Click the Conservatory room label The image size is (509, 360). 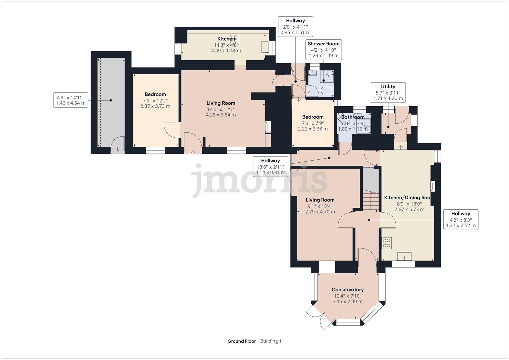347,290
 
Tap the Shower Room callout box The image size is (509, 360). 323,50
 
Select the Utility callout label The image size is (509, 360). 388,92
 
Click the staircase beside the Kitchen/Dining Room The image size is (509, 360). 370,200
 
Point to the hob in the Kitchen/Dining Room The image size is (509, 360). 387,243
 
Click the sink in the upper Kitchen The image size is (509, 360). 265,47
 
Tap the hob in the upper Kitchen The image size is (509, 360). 232,38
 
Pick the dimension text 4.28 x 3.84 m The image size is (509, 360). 221,115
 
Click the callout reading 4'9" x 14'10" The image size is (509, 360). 70,100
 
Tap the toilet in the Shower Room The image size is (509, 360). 327,90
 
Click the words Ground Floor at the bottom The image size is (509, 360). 242,341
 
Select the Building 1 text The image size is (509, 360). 271,341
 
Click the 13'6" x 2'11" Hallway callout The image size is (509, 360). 270,167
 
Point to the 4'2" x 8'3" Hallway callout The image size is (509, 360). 461,220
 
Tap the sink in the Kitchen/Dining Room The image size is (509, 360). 405,256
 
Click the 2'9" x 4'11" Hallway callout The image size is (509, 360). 295,26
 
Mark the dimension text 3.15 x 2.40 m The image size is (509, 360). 347,302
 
